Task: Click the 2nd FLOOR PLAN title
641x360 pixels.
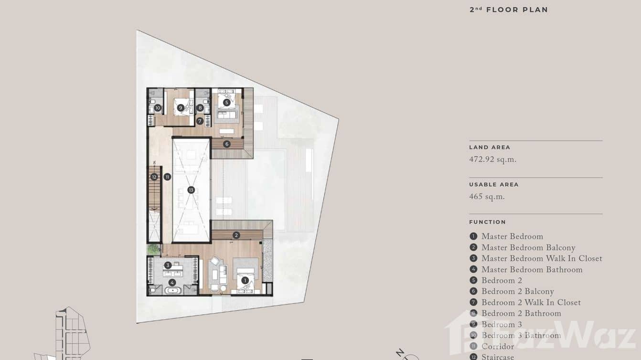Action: [509, 10]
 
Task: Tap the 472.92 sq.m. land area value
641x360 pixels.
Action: [493, 159]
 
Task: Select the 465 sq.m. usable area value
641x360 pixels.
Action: [487, 197]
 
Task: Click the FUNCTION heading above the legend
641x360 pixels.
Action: [487, 222]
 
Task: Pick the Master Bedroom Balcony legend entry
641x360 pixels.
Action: [528, 247]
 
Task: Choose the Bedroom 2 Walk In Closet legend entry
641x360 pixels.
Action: [531, 302]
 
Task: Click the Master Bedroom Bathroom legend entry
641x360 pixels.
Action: [532, 270]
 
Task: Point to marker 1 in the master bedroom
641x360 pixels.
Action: [245, 280]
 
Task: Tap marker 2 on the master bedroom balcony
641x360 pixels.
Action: [236, 235]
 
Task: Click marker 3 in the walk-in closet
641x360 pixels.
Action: [168, 265]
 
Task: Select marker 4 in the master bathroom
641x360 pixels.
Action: [172, 282]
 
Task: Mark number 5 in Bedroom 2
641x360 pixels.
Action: [226, 102]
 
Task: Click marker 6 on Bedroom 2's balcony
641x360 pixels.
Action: [226, 144]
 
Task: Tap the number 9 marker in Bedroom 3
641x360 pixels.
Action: [181, 108]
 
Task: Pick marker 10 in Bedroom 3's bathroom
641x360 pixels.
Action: [158, 108]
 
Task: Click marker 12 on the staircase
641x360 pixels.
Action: [154, 177]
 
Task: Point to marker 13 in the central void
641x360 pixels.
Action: [191, 190]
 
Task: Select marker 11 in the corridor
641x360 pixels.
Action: [167, 177]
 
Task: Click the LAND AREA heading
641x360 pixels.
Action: [490, 148]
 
